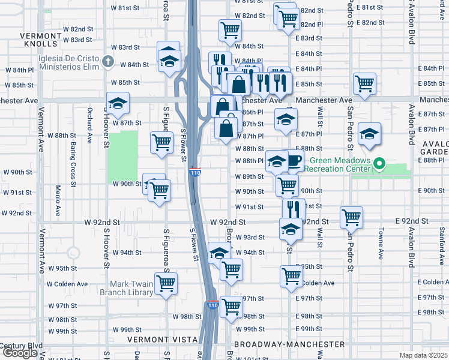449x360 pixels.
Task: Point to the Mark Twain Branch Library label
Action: coord(130,288)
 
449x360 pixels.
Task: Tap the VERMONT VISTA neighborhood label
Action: coord(163,339)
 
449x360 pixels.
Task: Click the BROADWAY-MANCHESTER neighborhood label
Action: coord(289,344)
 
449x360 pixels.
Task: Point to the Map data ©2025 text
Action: coord(424,355)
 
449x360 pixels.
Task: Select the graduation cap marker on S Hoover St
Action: coord(118,103)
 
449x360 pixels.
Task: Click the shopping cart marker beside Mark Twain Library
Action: coord(166,283)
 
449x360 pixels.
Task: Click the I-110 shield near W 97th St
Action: coord(212,305)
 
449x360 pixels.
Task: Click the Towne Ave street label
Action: coord(381,243)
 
